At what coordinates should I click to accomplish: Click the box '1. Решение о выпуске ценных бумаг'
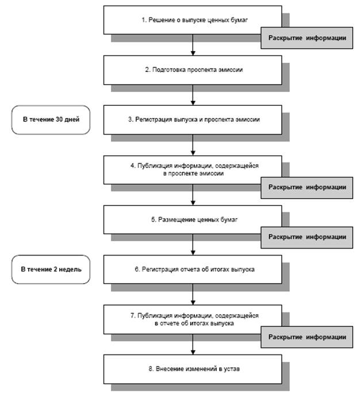pyautogui.click(x=193, y=20)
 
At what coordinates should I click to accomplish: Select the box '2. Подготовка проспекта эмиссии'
pyautogui.click(x=193, y=70)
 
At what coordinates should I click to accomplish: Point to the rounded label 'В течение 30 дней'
pyautogui.click(x=51, y=120)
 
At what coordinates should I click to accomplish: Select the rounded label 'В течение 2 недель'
pyautogui.click(x=51, y=269)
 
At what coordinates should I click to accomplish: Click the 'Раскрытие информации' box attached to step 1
pyautogui.click(x=307, y=38)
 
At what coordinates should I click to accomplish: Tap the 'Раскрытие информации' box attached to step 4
pyautogui.click(x=307, y=188)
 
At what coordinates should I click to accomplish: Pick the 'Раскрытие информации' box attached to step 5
pyautogui.click(x=307, y=237)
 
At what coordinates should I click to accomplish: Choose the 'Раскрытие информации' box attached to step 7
pyautogui.click(x=307, y=337)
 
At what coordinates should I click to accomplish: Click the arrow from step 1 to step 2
pyautogui.click(x=193, y=45)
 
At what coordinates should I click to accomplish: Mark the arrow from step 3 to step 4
pyautogui.click(x=193, y=145)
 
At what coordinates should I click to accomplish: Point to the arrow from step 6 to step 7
pyautogui.click(x=193, y=294)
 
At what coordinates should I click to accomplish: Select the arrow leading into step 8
pyautogui.click(x=193, y=344)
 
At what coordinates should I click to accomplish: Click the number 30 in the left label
pyautogui.click(x=59, y=119)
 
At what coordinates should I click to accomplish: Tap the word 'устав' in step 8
pyautogui.click(x=232, y=369)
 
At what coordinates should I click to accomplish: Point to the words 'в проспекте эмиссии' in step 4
pyautogui.click(x=193, y=173)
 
